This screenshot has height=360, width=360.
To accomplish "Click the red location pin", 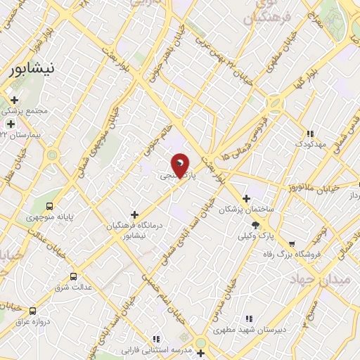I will (181, 166).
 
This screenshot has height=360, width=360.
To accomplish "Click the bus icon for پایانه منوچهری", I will (49, 206).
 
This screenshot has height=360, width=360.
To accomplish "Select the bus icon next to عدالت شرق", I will (74, 276).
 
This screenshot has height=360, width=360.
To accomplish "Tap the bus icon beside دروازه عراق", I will (32, 311).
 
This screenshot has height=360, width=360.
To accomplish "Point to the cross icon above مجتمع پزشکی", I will (15, 100).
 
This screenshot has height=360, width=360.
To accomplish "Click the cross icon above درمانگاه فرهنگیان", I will (134, 214).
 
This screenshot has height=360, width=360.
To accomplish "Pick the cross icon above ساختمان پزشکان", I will (245, 198).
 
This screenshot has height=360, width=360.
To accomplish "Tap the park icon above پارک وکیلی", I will (255, 225).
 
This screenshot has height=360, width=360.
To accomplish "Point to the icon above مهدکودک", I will (309, 133).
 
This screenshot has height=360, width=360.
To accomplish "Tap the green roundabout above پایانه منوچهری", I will (52, 155).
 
